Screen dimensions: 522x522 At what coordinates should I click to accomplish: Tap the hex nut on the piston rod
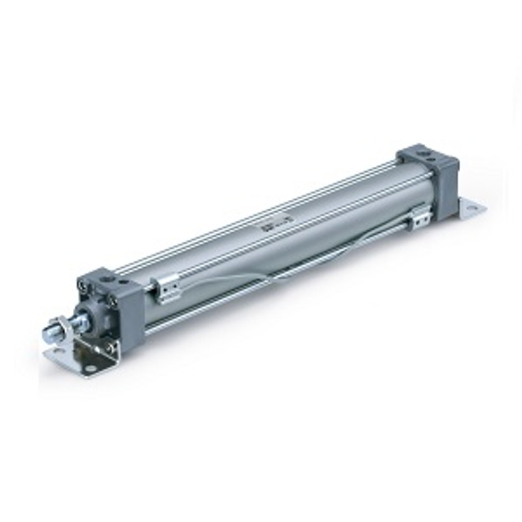[x=63, y=328]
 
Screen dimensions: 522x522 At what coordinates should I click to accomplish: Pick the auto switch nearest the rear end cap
[x=420, y=218]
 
